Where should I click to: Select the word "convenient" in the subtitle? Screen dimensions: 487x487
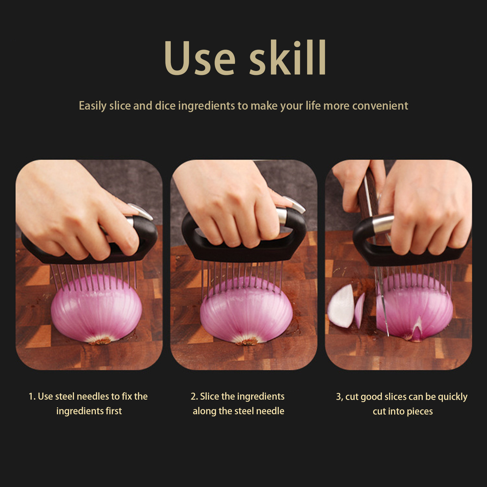pyautogui.click(x=380, y=106)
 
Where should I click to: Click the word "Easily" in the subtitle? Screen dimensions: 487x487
pyautogui.click(x=93, y=106)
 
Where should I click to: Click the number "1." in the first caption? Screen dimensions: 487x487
pyautogui.click(x=32, y=396)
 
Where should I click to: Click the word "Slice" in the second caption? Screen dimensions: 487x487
pyautogui.click(x=210, y=396)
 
